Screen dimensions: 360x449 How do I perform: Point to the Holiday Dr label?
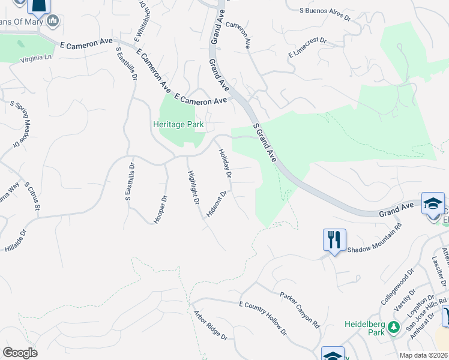(x=224, y=163)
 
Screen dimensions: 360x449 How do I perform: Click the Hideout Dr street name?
(x=216, y=204)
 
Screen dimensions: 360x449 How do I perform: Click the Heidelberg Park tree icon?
(x=393, y=328)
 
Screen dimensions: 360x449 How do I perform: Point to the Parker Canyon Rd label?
(x=300, y=308)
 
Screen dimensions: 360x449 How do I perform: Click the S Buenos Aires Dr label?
(x=325, y=13)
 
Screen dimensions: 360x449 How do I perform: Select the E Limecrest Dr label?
(x=307, y=47)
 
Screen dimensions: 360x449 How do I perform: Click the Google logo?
(x=20, y=352)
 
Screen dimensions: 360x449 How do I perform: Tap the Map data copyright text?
(x=424, y=356)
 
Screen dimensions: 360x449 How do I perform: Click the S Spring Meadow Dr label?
(x=19, y=122)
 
